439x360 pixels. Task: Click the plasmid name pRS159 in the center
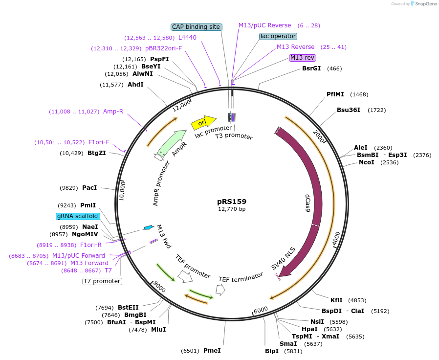(232, 202)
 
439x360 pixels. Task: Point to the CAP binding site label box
(197, 27)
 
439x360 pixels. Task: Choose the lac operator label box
(278, 36)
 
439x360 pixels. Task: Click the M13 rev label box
(303, 58)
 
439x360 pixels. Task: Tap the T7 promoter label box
(102, 281)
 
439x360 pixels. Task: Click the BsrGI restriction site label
(311, 68)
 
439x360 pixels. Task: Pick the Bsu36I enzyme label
(349, 110)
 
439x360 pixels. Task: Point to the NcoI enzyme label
(367, 162)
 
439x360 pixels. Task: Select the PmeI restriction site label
(212, 351)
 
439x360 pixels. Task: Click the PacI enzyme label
(89, 188)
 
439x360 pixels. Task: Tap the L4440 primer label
(187, 38)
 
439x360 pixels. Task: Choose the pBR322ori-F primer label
(163, 48)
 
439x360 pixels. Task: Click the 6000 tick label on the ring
(261, 310)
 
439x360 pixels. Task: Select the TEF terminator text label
(241, 279)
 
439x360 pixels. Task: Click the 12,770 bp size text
(232, 209)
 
